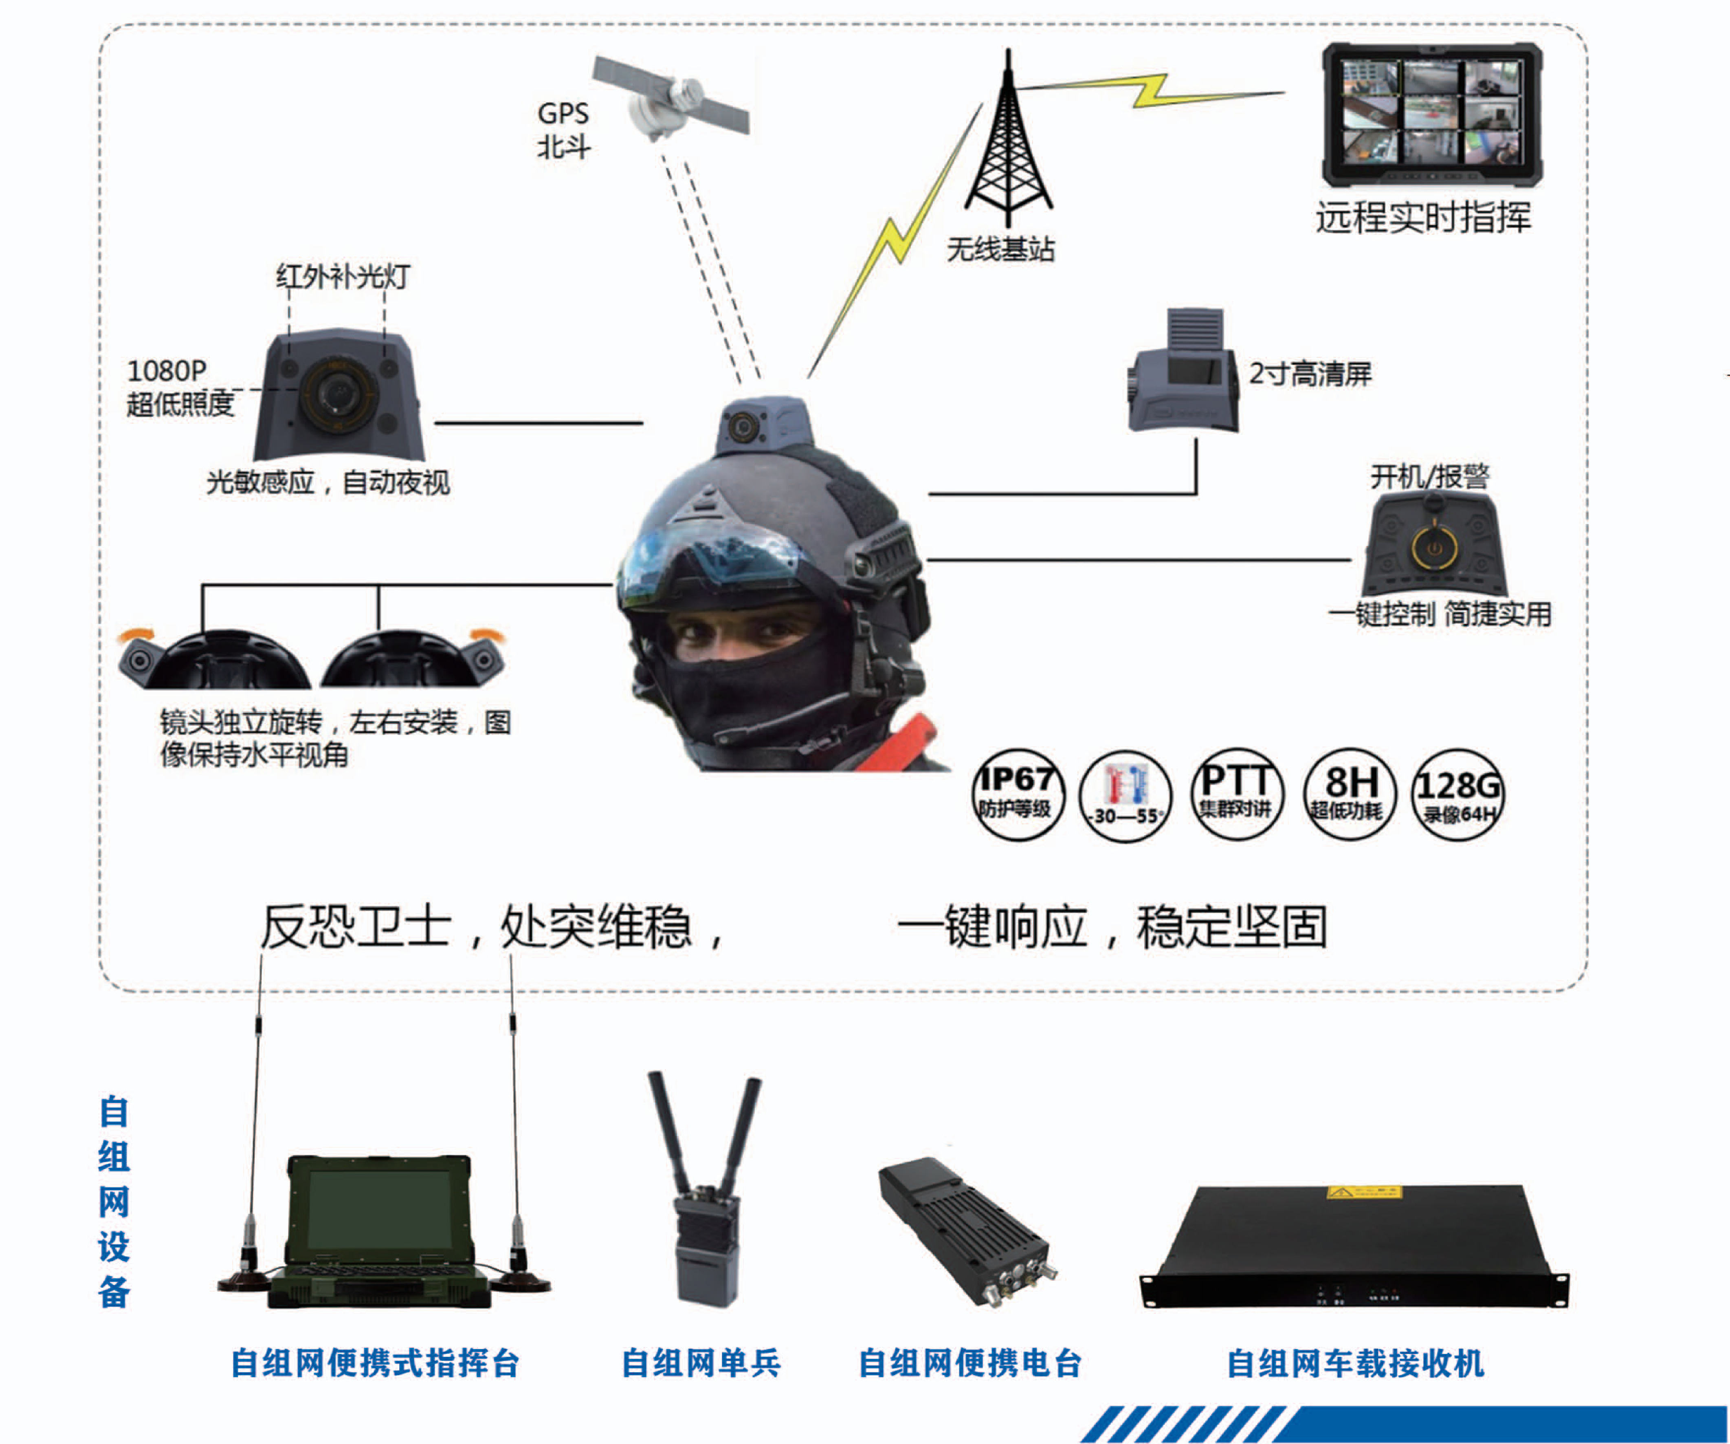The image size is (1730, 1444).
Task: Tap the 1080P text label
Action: [x=167, y=371]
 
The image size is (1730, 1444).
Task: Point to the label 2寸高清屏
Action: [x=1310, y=373]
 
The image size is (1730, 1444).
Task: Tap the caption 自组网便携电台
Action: [x=969, y=1363]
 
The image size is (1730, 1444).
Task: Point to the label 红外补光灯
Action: [x=343, y=276]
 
